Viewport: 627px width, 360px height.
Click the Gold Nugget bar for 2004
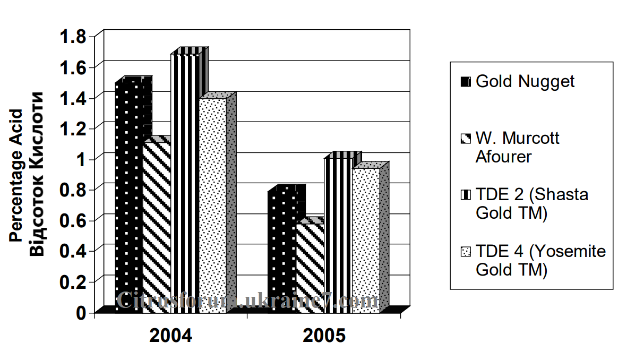[x=129, y=196]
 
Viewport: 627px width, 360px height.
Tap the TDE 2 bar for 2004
[x=185, y=181]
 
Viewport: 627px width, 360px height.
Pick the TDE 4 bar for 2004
[x=212, y=204]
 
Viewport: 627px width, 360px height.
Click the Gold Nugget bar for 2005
[x=281, y=250]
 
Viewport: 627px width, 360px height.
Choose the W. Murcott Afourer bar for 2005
[x=310, y=265]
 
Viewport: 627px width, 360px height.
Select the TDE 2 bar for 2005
[x=338, y=234]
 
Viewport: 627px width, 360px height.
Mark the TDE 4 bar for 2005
[x=366, y=239]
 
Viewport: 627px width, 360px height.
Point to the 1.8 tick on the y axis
[x=73, y=37]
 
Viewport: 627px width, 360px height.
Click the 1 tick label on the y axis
[x=81, y=159]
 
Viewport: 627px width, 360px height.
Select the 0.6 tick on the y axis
[x=73, y=220]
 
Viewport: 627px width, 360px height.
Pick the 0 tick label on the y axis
[x=81, y=312]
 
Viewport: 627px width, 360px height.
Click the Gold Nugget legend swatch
[x=466, y=82]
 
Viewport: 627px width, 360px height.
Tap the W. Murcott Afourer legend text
[x=518, y=148]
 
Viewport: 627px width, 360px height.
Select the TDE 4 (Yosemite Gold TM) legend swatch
[x=466, y=251]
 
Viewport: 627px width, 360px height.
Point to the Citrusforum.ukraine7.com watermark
[x=247, y=301]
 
